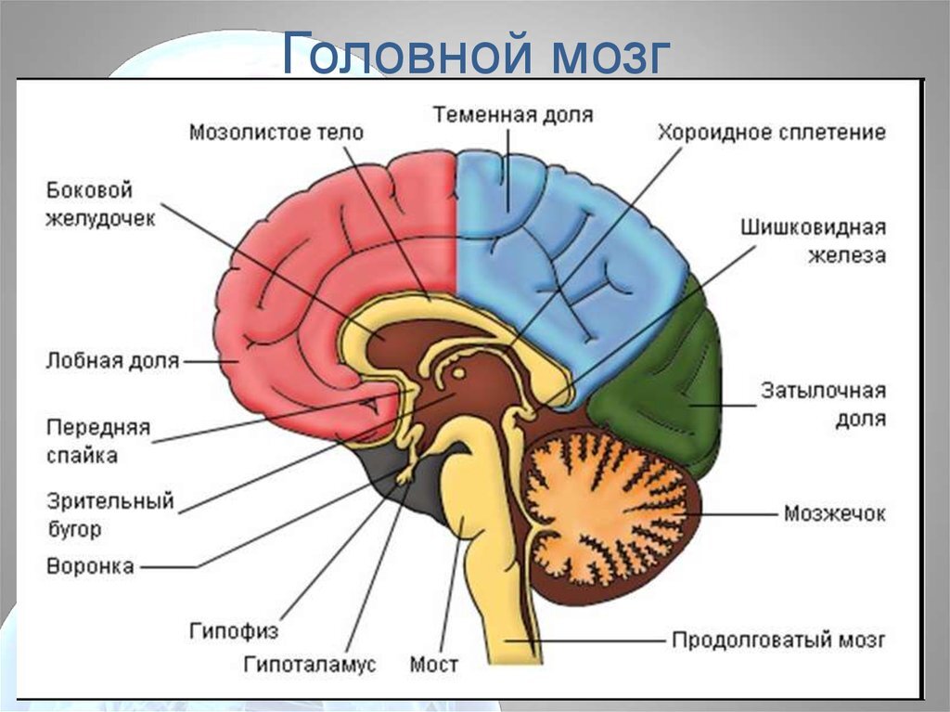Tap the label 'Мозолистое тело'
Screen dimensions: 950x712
point(276,132)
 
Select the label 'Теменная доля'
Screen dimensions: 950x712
point(512,114)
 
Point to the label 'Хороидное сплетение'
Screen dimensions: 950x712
point(772,132)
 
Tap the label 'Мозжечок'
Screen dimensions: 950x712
point(834,513)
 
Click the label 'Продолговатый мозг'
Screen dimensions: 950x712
point(778,640)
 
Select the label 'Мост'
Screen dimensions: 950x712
point(434,665)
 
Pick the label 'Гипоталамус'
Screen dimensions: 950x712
point(311,665)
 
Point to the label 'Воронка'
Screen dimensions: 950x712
point(90,565)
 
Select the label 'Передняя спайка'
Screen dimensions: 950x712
point(97,441)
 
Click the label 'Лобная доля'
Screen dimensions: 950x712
point(112,360)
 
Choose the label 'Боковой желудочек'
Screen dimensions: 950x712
point(101,204)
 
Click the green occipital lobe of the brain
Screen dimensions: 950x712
point(663,390)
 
